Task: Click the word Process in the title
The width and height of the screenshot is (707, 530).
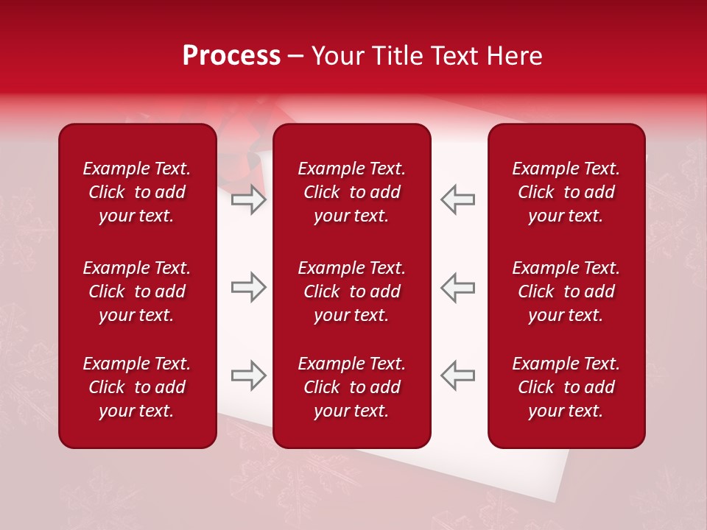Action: pyautogui.click(x=231, y=56)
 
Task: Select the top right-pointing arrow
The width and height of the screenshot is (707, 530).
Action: pyautogui.click(x=248, y=199)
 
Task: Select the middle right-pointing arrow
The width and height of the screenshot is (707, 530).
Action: pyautogui.click(x=248, y=287)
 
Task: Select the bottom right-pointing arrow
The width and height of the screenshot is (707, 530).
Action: pyautogui.click(x=248, y=375)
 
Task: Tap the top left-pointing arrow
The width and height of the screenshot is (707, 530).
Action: pyautogui.click(x=457, y=199)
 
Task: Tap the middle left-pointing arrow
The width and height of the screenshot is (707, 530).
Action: pyautogui.click(x=457, y=287)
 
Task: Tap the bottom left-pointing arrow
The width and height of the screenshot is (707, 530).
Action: pyautogui.click(x=457, y=375)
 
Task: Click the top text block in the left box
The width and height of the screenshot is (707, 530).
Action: pyautogui.click(x=136, y=192)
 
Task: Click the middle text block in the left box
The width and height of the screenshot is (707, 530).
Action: pyautogui.click(x=136, y=291)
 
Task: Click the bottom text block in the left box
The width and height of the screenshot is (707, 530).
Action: pyautogui.click(x=136, y=387)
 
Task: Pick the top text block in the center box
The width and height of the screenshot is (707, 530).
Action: pyautogui.click(x=351, y=192)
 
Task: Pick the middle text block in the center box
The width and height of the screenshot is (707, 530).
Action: pyautogui.click(x=351, y=291)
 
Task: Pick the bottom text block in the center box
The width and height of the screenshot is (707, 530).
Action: pyautogui.click(x=351, y=387)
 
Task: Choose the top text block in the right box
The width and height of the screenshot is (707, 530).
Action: pyautogui.click(x=566, y=192)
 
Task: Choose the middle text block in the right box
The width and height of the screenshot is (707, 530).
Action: pyautogui.click(x=566, y=291)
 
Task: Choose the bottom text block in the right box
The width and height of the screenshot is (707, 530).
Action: pyautogui.click(x=566, y=387)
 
